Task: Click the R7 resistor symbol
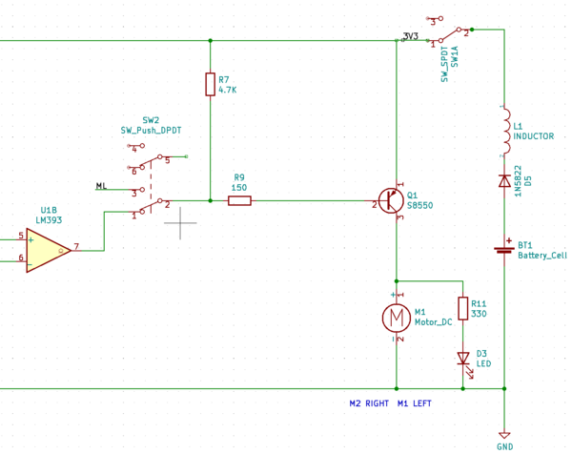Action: pyautogui.click(x=210, y=84)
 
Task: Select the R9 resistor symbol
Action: pyautogui.click(x=239, y=201)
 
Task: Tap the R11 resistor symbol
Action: pyautogui.click(x=463, y=308)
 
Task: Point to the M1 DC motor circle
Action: pyautogui.click(x=396, y=317)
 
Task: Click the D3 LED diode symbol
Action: pyautogui.click(x=463, y=359)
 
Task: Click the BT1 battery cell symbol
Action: pyautogui.click(x=503, y=250)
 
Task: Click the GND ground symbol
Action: pyautogui.click(x=503, y=434)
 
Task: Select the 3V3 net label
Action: pyautogui.click(x=411, y=36)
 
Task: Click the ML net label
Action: pyautogui.click(x=101, y=185)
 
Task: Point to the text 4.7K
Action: pyautogui.click(x=227, y=90)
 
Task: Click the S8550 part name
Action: pyautogui.click(x=419, y=205)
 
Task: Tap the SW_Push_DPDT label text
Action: pyautogui.click(x=152, y=131)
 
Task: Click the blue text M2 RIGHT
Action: pyautogui.click(x=369, y=403)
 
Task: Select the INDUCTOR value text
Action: pyautogui.click(x=533, y=136)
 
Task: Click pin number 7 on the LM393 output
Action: pyautogui.click(x=75, y=247)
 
